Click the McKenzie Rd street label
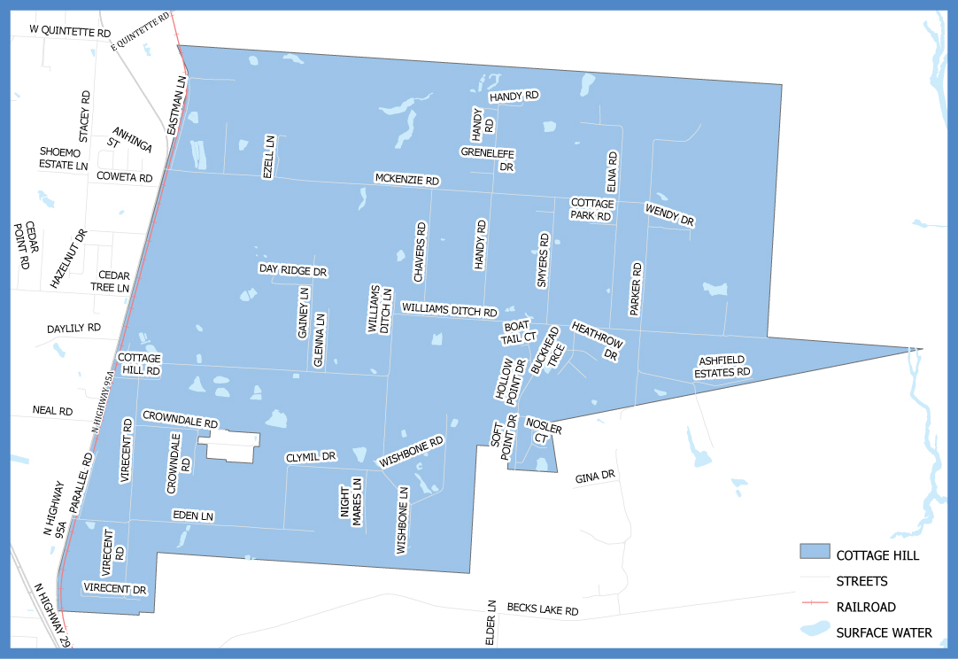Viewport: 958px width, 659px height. [407, 179]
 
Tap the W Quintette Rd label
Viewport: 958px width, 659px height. [70, 31]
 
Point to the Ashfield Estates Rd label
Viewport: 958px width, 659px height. [724, 367]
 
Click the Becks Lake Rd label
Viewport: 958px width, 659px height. [543, 610]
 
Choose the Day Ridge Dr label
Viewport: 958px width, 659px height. [293, 269]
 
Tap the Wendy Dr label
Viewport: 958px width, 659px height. [669, 215]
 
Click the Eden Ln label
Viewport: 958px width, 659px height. [194, 516]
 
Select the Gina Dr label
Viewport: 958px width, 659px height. [595, 477]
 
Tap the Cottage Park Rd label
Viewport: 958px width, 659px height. [591, 209]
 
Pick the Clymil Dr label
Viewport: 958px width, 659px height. [311, 457]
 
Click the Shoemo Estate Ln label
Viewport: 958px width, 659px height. [64, 159]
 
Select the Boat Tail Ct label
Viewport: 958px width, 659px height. [519, 331]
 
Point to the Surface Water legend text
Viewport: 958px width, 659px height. [884, 632]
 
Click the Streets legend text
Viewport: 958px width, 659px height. [861, 581]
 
